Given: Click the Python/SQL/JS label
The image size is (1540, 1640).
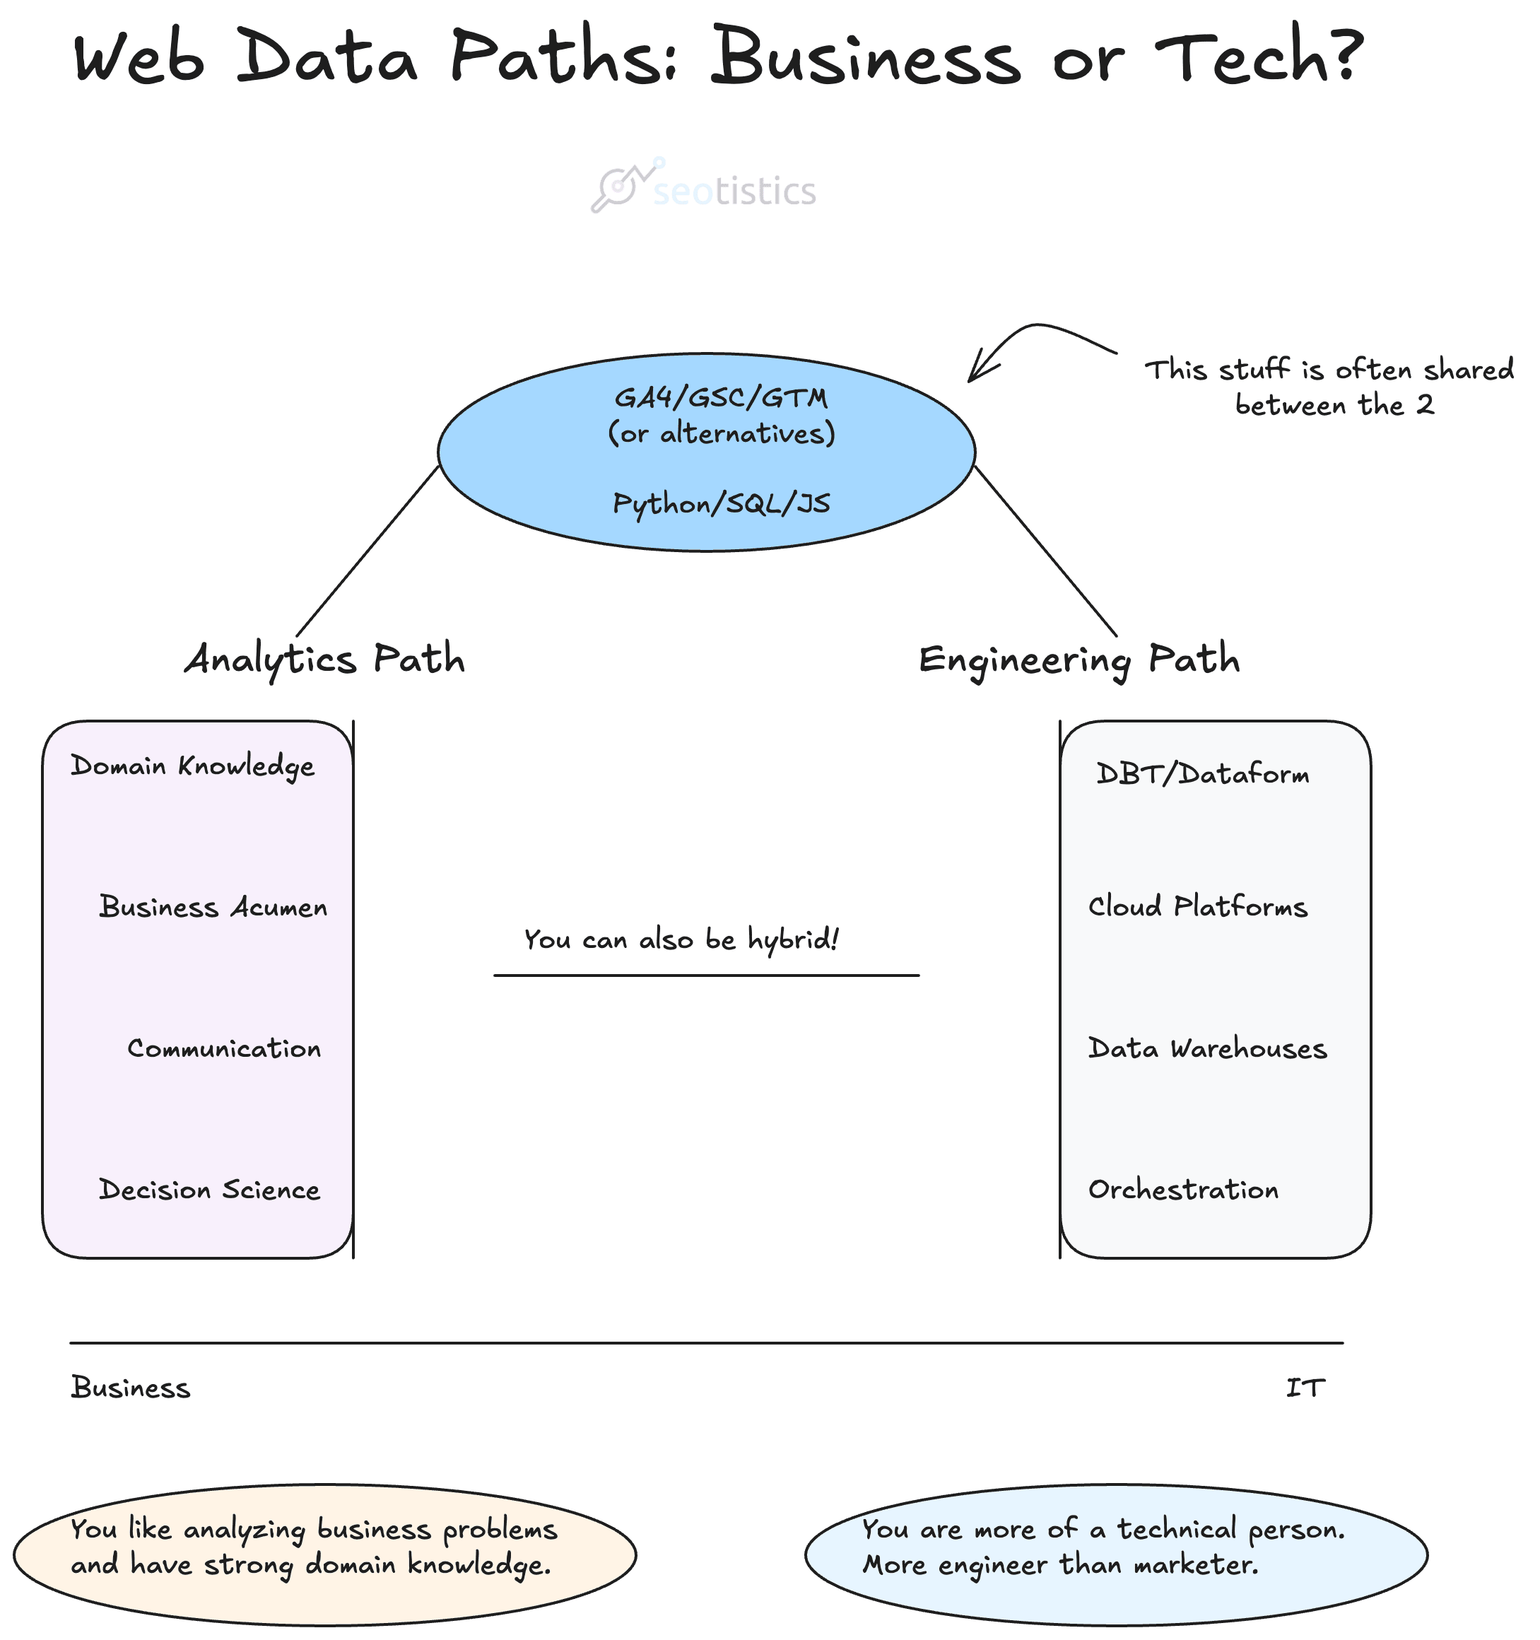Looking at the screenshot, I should point(721,503).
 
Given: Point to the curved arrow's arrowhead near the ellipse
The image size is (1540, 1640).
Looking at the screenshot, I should point(977,370).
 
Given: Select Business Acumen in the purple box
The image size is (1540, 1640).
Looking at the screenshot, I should point(213,908).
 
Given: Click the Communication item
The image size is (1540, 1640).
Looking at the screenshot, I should point(224,1049).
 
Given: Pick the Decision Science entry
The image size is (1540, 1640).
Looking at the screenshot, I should point(209,1190).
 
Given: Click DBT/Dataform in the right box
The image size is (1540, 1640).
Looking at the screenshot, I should point(1201,775).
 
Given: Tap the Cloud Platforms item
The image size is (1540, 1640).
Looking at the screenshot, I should point(1197,908).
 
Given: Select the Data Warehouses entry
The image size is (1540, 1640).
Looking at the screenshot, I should point(1206,1049).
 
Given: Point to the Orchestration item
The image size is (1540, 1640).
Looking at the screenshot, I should point(1183,1190).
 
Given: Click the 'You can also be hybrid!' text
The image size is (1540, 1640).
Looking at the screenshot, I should point(681,939).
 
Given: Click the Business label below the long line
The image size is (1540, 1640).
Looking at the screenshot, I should point(130,1388).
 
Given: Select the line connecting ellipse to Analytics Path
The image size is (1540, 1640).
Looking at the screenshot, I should point(367,551).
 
